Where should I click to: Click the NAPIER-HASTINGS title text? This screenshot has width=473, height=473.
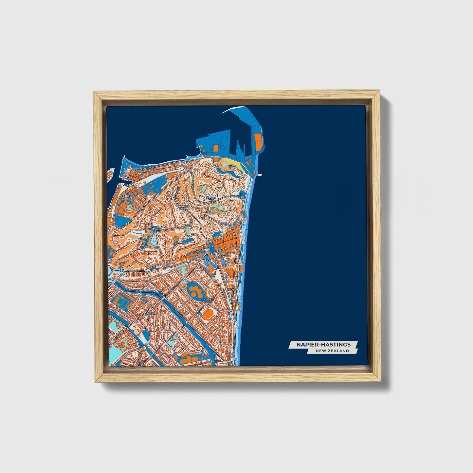(323, 344)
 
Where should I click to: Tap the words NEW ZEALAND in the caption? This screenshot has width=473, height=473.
(332, 351)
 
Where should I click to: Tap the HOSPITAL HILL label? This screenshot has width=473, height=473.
(158, 228)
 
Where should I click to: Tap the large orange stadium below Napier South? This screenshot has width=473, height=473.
(208, 315)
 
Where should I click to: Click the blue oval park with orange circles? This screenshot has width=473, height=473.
(195, 290)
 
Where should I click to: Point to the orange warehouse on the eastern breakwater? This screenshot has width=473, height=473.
(258, 141)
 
